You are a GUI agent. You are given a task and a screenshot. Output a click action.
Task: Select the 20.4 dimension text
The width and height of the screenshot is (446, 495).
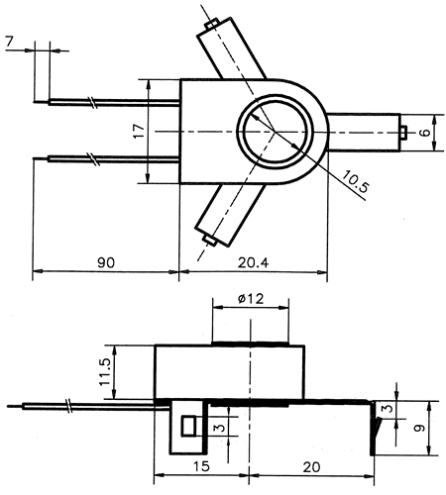coord(253,263)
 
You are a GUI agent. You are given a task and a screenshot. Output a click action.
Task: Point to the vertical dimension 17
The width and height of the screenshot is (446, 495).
coord(139,131)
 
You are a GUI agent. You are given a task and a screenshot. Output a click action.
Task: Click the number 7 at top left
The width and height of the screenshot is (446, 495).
coord(9,41)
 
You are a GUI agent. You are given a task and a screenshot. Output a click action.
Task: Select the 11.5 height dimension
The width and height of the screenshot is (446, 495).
coord(104,372)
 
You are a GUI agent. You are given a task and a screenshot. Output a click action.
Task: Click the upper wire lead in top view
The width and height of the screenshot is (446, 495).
coord(109,101)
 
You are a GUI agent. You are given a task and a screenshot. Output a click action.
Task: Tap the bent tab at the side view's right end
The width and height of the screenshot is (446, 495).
coord(377,430)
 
